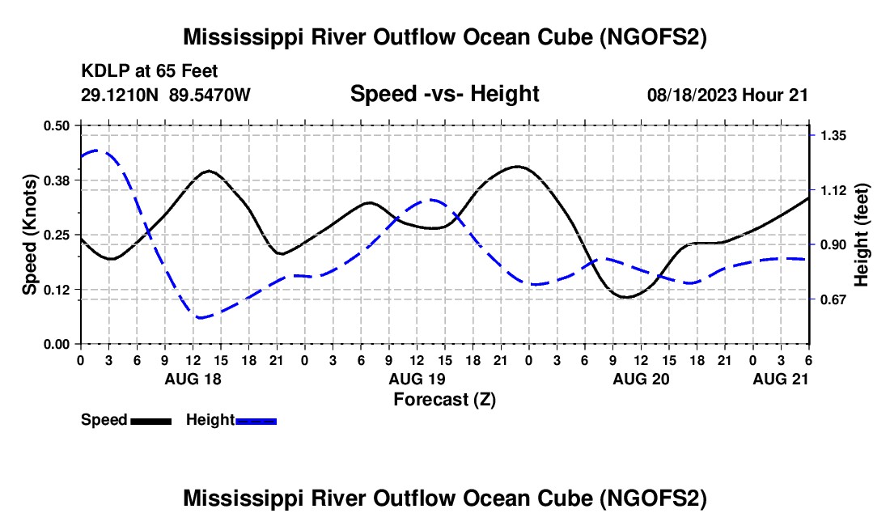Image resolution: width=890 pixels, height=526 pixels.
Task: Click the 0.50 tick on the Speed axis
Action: (56, 125)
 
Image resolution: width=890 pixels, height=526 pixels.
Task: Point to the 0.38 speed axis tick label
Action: (56, 180)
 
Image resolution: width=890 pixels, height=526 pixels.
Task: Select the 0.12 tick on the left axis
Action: (56, 290)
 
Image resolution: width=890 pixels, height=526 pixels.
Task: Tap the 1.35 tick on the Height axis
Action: (833, 136)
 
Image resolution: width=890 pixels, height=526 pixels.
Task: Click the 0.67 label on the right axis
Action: (833, 299)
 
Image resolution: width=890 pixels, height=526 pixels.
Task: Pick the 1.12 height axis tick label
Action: (833, 190)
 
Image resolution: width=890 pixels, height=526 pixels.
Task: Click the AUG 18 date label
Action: (193, 379)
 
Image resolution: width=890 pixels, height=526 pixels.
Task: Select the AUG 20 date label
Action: (641, 379)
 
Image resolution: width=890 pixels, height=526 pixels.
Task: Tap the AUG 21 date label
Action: (781, 379)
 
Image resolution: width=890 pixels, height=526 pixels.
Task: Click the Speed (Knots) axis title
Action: (29, 235)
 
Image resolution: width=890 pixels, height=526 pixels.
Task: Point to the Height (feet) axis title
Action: (861, 235)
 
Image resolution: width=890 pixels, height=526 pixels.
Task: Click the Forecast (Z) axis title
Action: (444, 400)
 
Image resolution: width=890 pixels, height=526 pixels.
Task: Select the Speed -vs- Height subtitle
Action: (444, 94)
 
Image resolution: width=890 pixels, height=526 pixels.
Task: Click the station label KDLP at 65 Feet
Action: (150, 71)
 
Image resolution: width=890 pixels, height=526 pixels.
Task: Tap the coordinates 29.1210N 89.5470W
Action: (165, 95)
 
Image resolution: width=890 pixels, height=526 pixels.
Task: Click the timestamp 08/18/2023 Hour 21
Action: (727, 95)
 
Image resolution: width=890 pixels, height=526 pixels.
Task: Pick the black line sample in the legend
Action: (151, 422)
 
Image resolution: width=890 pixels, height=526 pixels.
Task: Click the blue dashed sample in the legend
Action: (256, 422)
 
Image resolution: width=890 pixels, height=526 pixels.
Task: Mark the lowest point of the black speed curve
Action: (625, 297)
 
